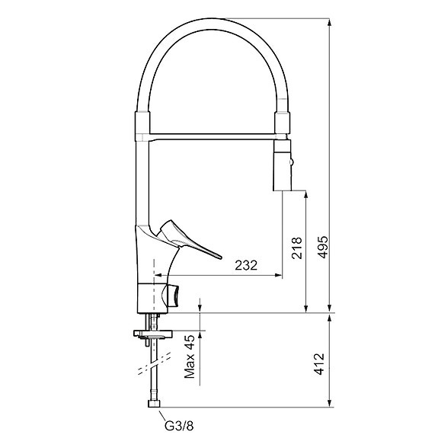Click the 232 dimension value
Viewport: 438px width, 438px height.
pyautogui.click(x=245, y=265)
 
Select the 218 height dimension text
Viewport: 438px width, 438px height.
pyautogui.click(x=296, y=248)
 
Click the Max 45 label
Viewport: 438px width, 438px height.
pyautogui.click(x=190, y=359)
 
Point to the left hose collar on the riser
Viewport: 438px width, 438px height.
pyautogui.click(x=142, y=124)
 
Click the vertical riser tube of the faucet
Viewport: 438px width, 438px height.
pyautogui.click(x=142, y=183)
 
